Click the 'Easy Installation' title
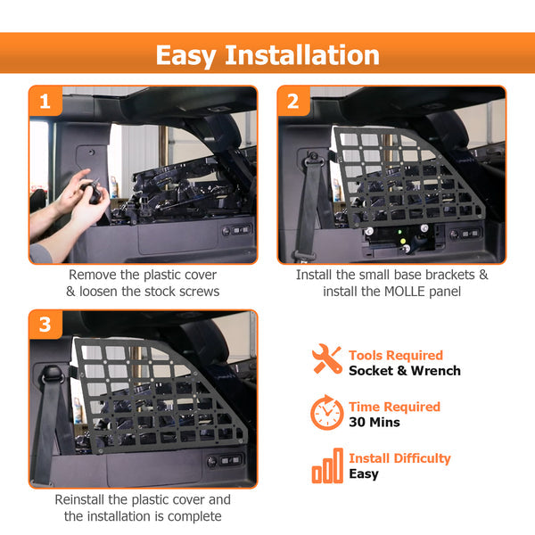[267, 55]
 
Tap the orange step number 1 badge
[45, 102]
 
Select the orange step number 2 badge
[293, 102]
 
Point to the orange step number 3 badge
[45, 326]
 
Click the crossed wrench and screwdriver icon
[326, 361]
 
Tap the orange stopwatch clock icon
[326, 413]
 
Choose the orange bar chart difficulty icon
[326, 465]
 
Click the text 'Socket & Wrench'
[404, 371]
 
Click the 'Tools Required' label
[394, 355]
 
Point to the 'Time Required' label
[394, 407]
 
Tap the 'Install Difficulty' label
[399, 458]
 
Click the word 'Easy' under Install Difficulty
[364, 474]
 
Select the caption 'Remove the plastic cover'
[143, 276]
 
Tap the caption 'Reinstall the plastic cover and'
[143, 500]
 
